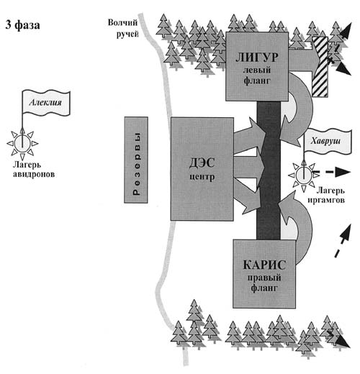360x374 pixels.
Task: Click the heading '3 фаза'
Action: coord(22,25)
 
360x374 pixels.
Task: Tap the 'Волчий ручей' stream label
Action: coord(122,28)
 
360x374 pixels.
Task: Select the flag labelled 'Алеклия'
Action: coord(46,103)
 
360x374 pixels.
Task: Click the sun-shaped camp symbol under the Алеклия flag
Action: coord(22,144)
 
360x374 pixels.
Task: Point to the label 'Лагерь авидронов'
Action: coord(34,169)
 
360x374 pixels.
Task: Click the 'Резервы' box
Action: coord(136,160)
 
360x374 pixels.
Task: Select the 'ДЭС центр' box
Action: coord(202,169)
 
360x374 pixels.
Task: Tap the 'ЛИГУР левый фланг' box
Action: coord(257,66)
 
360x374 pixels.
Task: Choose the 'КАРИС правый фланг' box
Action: coord(264,274)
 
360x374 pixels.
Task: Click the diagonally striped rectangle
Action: coord(320,67)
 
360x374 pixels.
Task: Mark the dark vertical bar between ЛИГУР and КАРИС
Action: coord(269,170)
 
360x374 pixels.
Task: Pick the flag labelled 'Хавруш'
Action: coord(328,142)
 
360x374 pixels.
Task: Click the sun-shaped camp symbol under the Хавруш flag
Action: coord(304,176)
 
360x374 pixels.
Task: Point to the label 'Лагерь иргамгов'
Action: coord(327,195)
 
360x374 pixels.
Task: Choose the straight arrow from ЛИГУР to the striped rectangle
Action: coord(305,60)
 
